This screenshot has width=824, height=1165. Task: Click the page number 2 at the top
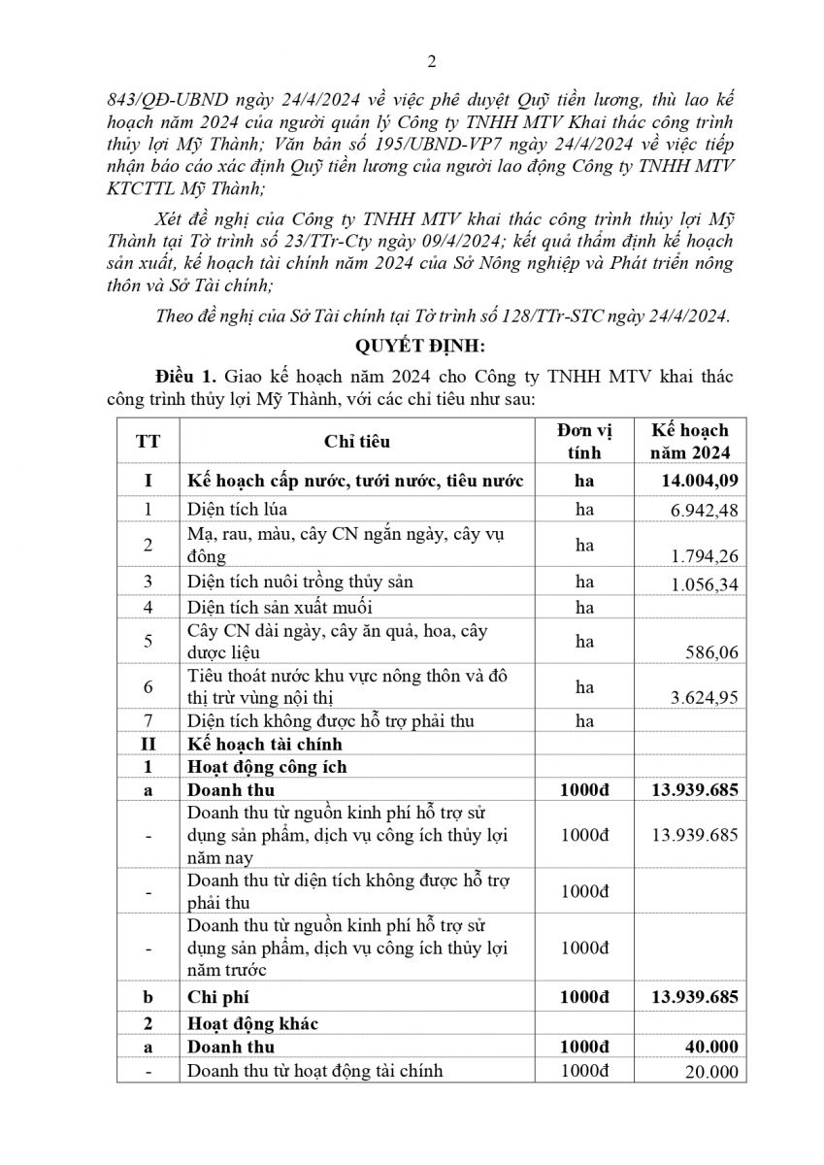[x=432, y=63]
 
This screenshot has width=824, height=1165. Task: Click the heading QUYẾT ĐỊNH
[x=412, y=346]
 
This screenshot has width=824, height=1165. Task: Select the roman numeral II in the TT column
[x=148, y=745]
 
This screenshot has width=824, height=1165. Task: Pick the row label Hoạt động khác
[x=252, y=1023]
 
